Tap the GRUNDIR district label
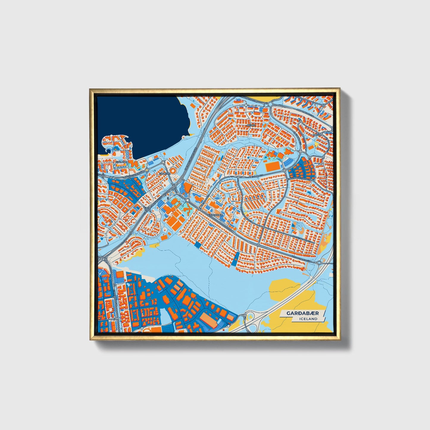click(x=164, y=173)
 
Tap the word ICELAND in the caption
click(x=309, y=319)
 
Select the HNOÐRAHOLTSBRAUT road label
click(x=299, y=179)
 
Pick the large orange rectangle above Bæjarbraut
click(x=271, y=166)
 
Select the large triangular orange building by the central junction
click(x=188, y=188)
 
